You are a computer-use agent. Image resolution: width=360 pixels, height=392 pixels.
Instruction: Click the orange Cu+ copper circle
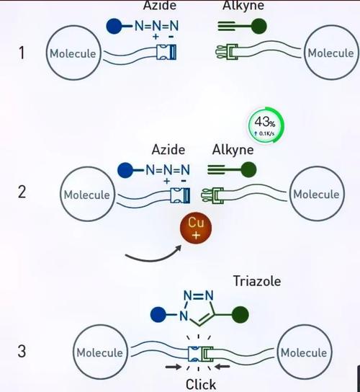click(196, 228)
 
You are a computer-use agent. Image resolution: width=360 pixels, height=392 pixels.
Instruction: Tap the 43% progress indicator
click(266, 125)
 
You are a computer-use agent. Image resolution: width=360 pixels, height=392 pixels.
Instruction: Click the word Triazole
click(257, 281)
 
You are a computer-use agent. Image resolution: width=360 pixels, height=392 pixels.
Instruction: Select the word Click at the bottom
click(201, 385)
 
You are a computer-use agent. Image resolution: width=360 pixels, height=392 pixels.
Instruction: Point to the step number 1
click(22, 53)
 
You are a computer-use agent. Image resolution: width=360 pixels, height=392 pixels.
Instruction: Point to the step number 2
click(22, 192)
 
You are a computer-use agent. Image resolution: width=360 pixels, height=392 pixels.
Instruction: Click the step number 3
click(22, 351)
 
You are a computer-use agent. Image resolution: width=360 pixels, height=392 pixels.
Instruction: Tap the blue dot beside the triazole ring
click(158, 314)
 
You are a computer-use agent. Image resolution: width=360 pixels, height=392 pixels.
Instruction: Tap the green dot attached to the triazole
click(240, 314)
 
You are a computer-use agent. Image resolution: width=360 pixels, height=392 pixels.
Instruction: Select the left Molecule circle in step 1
click(73, 53)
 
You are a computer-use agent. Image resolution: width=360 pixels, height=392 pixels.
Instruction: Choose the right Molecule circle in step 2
click(317, 194)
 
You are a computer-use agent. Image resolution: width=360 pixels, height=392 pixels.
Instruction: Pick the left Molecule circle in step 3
click(100, 352)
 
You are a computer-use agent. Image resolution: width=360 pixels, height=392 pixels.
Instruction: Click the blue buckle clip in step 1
click(166, 52)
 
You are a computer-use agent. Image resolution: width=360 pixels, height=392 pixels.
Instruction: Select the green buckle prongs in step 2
click(212, 195)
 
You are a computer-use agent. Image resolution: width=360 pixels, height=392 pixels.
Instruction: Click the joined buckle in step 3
click(201, 354)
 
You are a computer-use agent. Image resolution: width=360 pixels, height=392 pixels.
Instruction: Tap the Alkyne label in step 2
click(233, 150)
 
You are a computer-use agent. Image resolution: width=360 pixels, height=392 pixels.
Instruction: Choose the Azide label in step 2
click(168, 150)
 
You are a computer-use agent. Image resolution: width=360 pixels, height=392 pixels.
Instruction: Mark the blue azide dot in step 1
click(114, 26)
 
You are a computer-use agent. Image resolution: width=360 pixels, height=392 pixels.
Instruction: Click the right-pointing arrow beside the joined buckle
click(174, 367)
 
